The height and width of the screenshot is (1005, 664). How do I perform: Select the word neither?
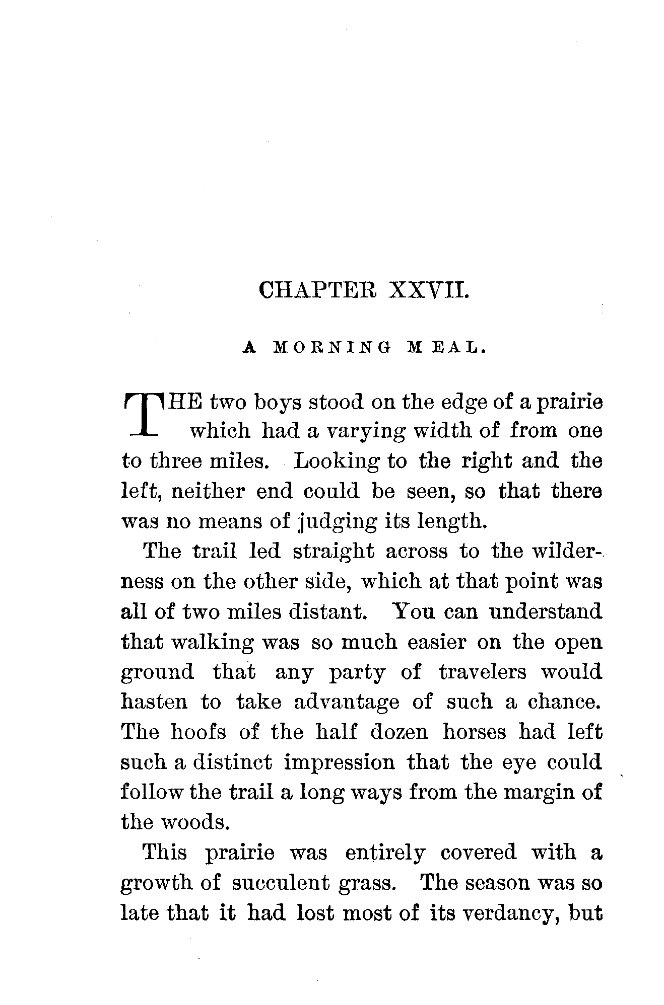208,491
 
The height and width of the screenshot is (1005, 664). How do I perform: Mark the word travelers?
483,672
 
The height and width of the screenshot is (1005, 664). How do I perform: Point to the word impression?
340,762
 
